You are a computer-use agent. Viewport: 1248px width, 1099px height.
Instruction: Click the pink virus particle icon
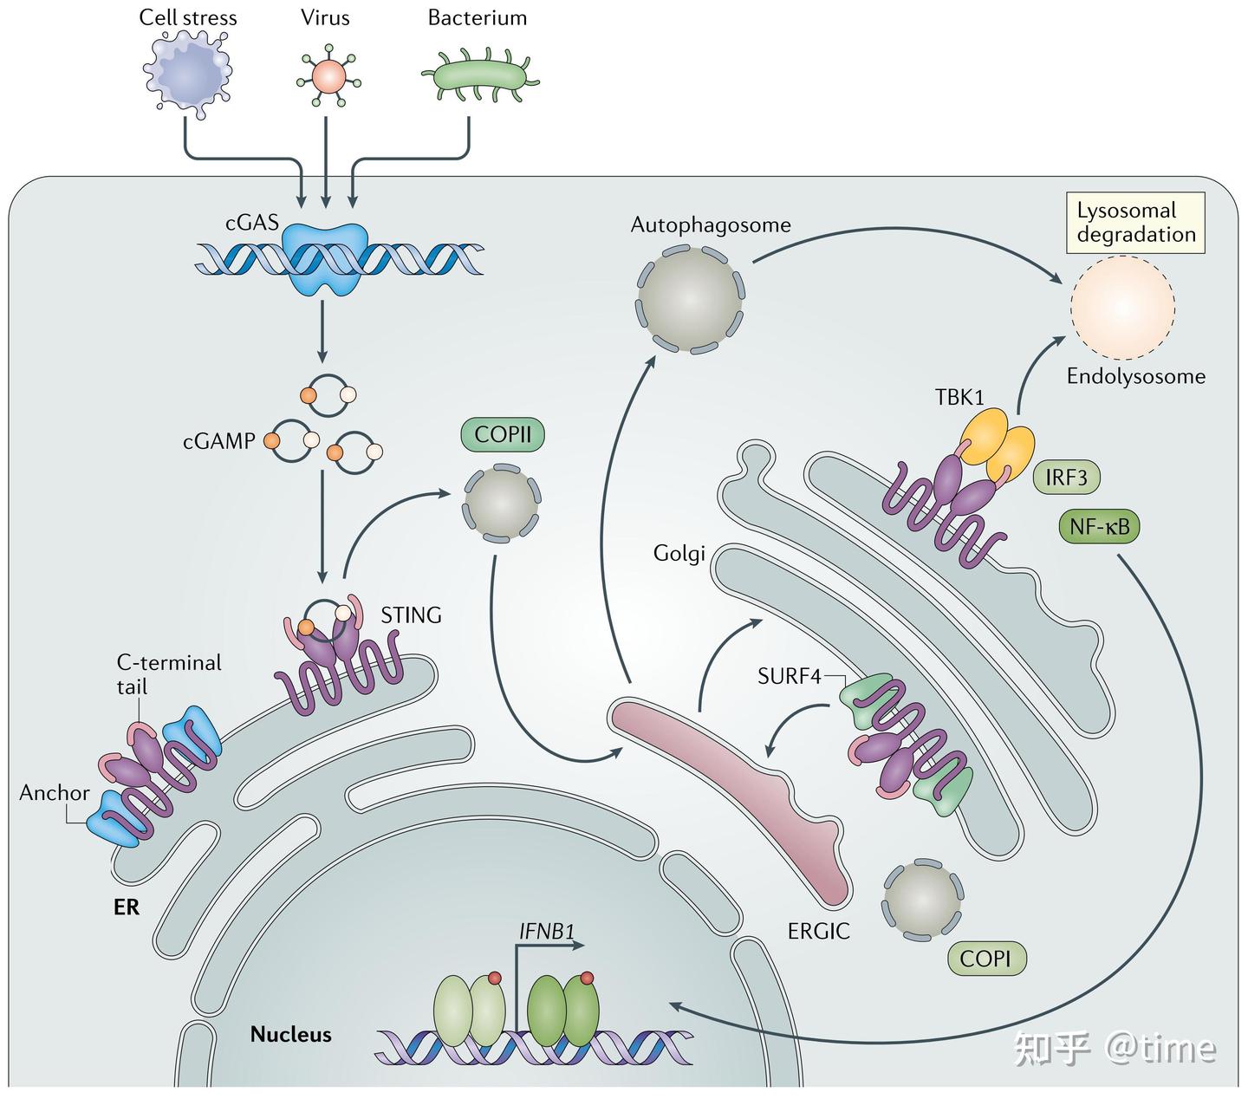(328, 75)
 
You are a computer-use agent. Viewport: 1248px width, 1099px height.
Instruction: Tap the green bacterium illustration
(479, 75)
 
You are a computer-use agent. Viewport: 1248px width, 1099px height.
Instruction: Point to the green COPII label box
(503, 433)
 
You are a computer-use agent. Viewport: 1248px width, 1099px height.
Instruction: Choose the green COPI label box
(985, 959)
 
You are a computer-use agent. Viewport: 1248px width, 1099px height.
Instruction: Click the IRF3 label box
(1066, 477)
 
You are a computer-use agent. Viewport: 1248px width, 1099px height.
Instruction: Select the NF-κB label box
(1099, 526)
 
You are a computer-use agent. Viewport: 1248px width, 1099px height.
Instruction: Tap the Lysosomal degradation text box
(1135, 223)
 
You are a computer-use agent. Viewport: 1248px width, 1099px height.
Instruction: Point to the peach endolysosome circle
(1122, 307)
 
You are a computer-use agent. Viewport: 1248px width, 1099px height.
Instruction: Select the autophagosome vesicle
(690, 299)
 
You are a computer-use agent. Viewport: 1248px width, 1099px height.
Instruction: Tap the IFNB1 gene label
(546, 932)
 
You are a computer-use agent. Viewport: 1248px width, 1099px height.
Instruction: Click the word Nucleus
(290, 1034)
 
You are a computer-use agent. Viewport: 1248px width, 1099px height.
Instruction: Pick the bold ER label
(127, 907)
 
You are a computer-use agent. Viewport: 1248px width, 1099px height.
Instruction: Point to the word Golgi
(679, 553)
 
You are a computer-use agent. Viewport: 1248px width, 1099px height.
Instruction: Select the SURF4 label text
(789, 676)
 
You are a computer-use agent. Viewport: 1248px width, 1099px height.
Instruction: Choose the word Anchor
(55, 793)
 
